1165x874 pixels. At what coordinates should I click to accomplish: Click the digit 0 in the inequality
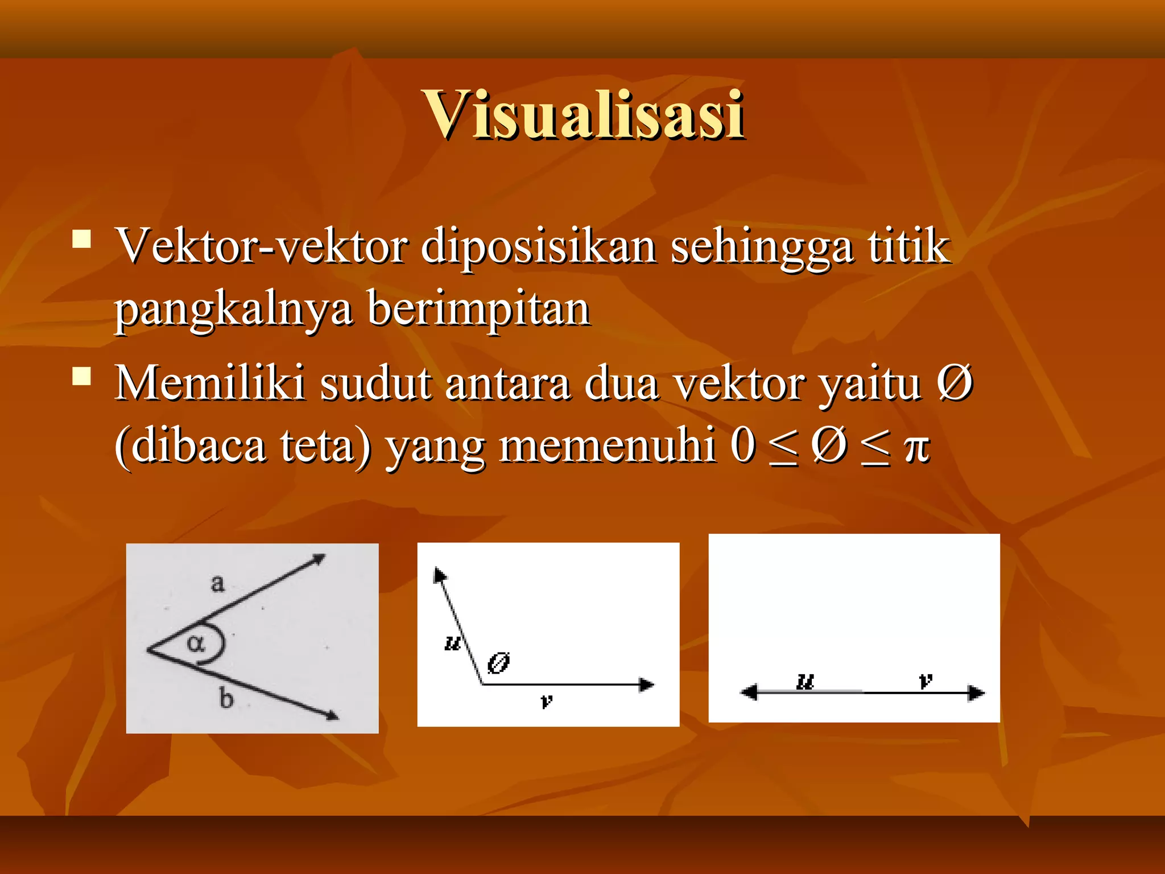(x=743, y=445)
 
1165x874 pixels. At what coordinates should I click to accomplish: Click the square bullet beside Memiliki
(x=82, y=376)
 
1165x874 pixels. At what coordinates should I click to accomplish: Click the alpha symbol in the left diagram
(x=196, y=644)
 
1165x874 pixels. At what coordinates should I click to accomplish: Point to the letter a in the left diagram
(x=217, y=583)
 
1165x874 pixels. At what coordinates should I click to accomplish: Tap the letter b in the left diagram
(x=226, y=698)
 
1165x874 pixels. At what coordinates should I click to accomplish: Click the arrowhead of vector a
(x=319, y=559)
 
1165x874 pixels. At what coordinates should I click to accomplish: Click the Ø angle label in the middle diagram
(x=499, y=663)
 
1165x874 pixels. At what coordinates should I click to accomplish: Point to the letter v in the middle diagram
(x=546, y=701)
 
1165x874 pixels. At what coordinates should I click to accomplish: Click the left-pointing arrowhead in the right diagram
(x=749, y=692)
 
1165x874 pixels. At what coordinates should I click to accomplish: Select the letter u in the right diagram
(x=805, y=681)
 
